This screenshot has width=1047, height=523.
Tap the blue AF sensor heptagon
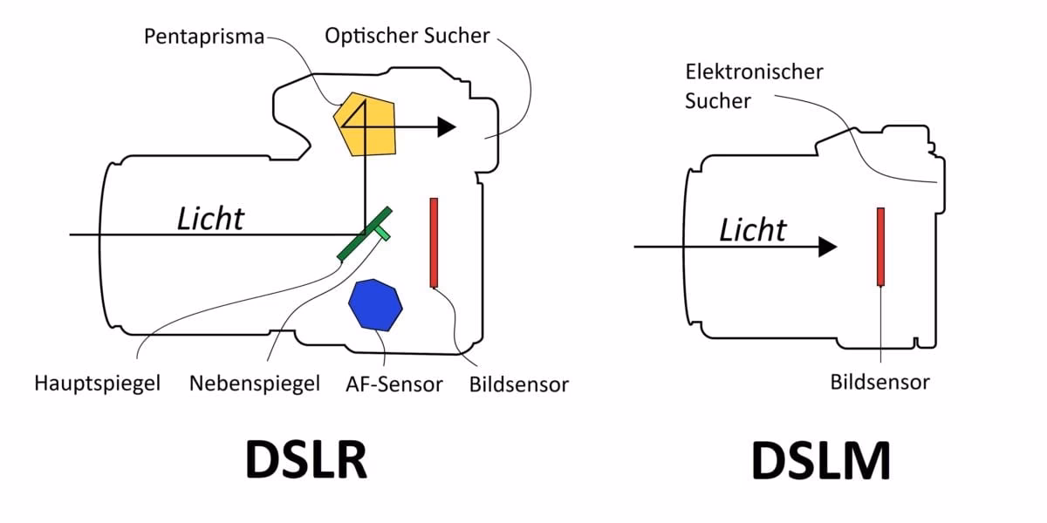click(x=375, y=304)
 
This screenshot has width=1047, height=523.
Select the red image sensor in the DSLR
click(x=434, y=242)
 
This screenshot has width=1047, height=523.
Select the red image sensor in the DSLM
click(x=881, y=247)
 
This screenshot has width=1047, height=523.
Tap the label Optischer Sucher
click(x=407, y=36)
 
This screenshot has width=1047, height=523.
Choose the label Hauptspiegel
click(x=98, y=383)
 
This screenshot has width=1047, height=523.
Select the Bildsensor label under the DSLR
click(x=518, y=384)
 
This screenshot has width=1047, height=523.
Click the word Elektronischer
click(x=754, y=71)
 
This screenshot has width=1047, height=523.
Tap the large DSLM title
click(x=821, y=459)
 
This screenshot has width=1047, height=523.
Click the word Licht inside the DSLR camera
click(x=210, y=219)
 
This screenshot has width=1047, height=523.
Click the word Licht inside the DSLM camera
click(x=752, y=230)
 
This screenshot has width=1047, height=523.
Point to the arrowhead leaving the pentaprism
click(x=446, y=127)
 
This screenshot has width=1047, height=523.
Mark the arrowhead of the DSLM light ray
click(x=827, y=247)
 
